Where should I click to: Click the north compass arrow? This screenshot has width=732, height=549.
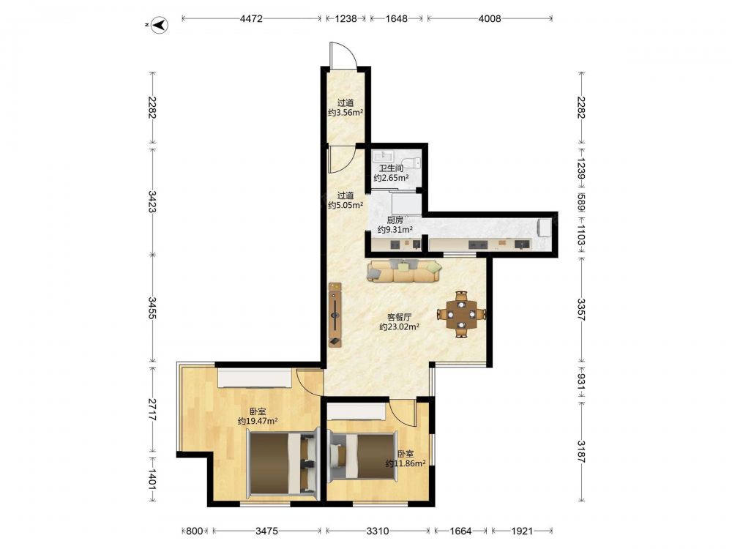click(160, 24)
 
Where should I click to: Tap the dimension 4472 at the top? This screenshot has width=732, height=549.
click(251, 19)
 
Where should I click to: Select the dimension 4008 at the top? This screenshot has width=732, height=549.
click(489, 19)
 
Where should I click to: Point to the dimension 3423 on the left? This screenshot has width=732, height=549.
click(152, 202)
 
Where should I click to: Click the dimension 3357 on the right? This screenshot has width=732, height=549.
click(581, 309)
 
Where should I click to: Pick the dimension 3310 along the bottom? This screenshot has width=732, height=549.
click(377, 531)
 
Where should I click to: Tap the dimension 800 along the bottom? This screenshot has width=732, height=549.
click(195, 531)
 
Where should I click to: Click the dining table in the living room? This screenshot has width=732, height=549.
click(461, 314)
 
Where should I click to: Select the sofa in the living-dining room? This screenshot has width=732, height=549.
click(404, 271)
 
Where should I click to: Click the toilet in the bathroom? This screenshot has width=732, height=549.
click(411, 163)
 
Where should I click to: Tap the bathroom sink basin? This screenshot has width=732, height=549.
click(384, 156)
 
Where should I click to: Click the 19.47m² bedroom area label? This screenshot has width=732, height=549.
click(258, 417)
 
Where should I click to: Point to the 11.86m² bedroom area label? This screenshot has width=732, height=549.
click(406, 459)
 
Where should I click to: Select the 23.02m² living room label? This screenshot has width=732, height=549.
click(399, 322)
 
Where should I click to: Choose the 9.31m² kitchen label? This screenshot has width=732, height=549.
click(395, 225)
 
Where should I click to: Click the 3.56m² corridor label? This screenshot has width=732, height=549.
click(346, 108)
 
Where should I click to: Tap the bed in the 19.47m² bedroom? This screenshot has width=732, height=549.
click(282, 463)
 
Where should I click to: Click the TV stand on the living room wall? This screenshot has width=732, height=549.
click(335, 314)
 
